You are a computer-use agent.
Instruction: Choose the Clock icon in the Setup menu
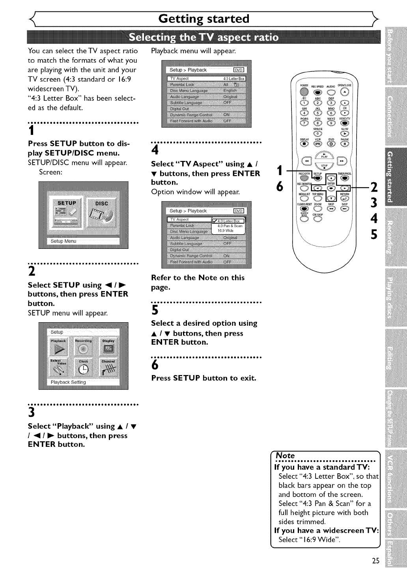click(83, 367)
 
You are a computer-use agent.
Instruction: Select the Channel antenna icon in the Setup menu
click(108, 367)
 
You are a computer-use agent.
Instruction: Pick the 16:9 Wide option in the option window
click(226, 230)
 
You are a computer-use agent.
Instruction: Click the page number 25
click(375, 561)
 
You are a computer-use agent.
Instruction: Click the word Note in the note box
click(286, 456)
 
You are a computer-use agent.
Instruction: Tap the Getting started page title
click(203, 19)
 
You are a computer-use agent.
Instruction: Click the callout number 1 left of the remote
click(280, 171)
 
